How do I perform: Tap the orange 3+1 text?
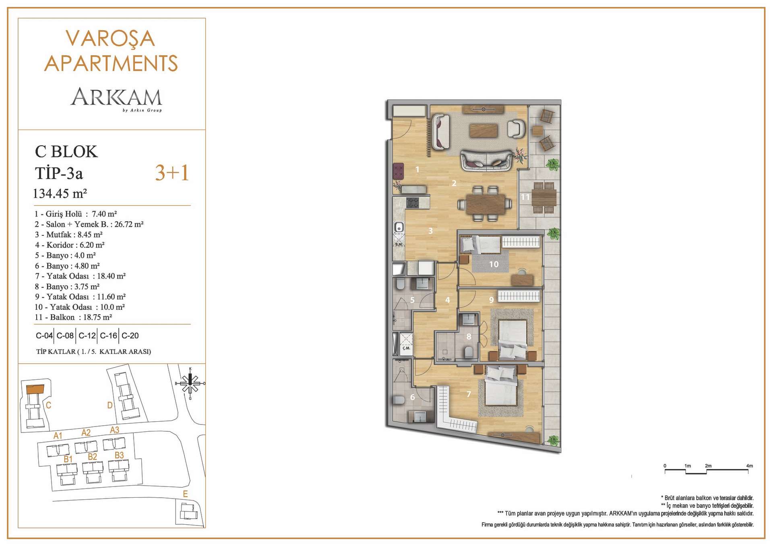[x=172, y=173]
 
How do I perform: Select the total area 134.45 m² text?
[x=60, y=194]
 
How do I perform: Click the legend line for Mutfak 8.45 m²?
[x=69, y=235]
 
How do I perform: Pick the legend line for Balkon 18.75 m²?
[x=73, y=317]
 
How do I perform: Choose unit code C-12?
[x=87, y=336]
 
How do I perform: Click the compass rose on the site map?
[x=190, y=383]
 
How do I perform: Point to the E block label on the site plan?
[x=185, y=494]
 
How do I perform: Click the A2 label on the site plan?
[x=86, y=433]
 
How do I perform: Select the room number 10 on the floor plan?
[x=494, y=264]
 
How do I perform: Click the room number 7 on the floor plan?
[x=469, y=394]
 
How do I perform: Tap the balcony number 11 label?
[x=525, y=197]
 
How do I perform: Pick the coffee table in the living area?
[x=484, y=130]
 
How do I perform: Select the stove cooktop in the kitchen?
[x=412, y=202]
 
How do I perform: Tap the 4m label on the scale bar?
[x=749, y=466]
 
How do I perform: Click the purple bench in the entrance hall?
[x=398, y=171]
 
